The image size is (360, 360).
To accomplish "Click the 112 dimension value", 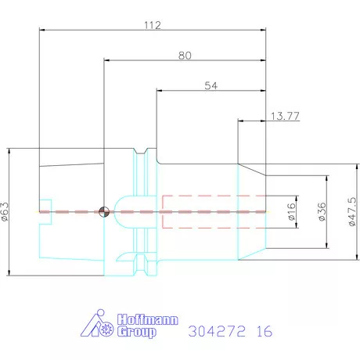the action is pyautogui.click(x=153, y=25).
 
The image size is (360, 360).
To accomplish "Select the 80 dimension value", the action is pyautogui.click(x=185, y=56).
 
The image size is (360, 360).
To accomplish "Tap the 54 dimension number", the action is pyautogui.click(x=211, y=85).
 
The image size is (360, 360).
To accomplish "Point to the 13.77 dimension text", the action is pyautogui.click(x=285, y=116).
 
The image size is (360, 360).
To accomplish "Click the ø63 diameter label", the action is pyautogui.click(x=5, y=211).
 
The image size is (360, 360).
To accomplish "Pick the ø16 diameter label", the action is pyautogui.click(x=292, y=211).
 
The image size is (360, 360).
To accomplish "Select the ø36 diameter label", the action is pyautogui.click(x=322, y=211).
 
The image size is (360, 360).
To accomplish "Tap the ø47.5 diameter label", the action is pyautogui.click(x=352, y=211).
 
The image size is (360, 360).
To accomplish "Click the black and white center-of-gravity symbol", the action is pyautogui.click(x=104, y=211).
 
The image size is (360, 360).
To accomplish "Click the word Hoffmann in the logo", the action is pyautogui.click(x=147, y=319).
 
